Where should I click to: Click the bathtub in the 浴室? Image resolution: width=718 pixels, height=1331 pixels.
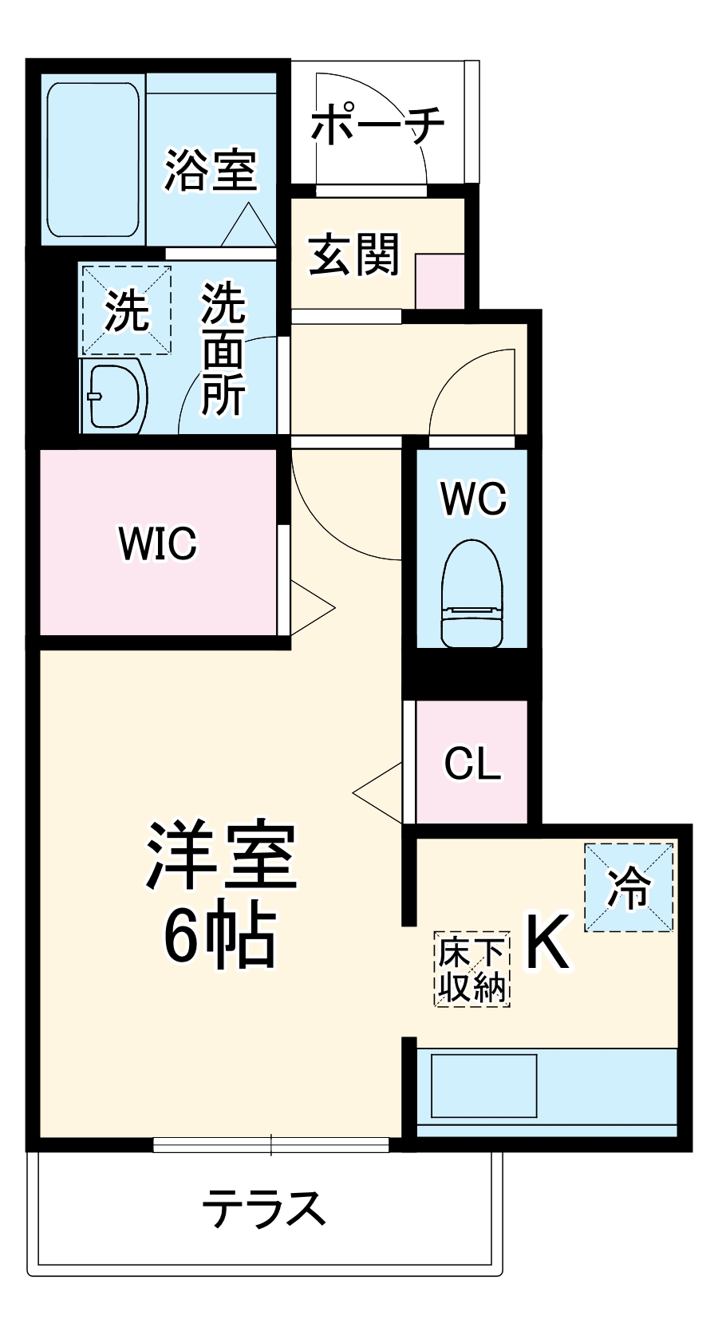click(x=93, y=160)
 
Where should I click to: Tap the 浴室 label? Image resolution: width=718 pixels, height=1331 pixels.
click(x=211, y=168)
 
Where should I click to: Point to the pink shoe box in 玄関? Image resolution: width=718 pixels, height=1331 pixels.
click(x=440, y=281)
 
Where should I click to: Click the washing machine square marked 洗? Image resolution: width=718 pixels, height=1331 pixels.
click(x=126, y=310)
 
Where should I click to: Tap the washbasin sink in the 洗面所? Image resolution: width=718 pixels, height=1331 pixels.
click(x=116, y=396)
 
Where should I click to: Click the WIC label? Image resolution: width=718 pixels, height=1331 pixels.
click(x=157, y=543)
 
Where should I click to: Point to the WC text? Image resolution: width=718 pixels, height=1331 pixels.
click(x=473, y=499)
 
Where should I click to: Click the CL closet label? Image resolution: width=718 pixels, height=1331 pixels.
click(x=472, y=763)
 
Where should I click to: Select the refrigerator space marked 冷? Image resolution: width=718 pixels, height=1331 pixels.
click(x=629, y=887)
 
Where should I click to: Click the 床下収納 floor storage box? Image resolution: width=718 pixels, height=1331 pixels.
click(x=472, y=969)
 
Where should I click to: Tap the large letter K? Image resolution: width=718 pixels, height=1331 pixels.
click(x=549, y=942)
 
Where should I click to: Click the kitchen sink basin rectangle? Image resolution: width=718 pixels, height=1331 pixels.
click(x=483, y=1085)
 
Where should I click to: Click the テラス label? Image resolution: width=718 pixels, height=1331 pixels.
click(x=263, y=1207)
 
